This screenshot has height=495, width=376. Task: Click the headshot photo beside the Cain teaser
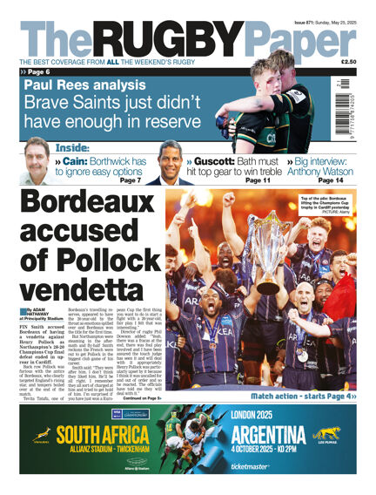coord(35,161)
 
